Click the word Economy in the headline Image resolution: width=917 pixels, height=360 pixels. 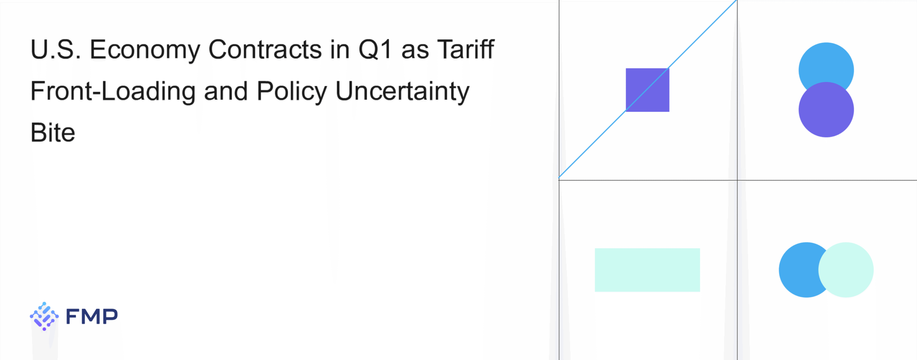(144, 50)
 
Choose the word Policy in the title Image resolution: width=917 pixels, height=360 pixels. (292, 91)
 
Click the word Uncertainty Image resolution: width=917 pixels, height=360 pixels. (402, 91)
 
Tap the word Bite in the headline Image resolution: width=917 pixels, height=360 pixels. (53, 132)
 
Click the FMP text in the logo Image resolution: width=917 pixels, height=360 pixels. (92, 316)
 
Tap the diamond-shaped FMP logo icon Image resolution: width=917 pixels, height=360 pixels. (44, 316)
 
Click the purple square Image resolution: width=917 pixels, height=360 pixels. (647, 90)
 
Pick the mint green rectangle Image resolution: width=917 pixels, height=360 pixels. (647, 270)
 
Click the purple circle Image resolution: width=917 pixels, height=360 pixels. (826, 110)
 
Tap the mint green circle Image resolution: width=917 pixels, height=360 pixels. (846, 270)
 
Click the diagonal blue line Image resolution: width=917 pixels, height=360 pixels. (648, 89)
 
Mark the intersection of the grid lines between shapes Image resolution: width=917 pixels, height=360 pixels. (737, 180)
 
